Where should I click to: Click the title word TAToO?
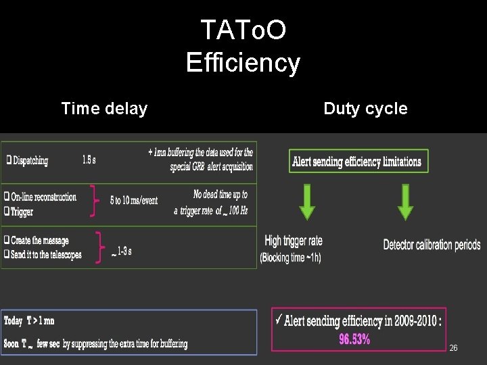pyautogui.click(x=243, y=30)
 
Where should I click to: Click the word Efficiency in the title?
pyautogui.click(x=243, y=63)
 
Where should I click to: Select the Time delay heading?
pyautogui.click(x=104, y=108)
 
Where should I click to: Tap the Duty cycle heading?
pyautogui.click(x=365, y=108)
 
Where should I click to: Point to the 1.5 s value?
pyautogui.click(x=89, y=160)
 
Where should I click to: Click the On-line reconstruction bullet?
pyautogui.click(x=42, y=197)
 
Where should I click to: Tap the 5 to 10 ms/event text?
pyautogui.click(x=134, y=201)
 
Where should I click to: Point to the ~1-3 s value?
pyautogui.click(x=122, y=252)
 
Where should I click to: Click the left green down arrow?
pyautogui.click(x=307, y=202)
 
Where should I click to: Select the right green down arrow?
pyautogui.click(x=405, y=202)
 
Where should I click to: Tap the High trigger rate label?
pyautogui.click(x=294, y=241)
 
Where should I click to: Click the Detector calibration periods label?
pyautogui.click(x=432, y=245)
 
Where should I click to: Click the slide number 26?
pyautogui.click(x=453, y=348)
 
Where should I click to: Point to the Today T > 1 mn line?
pyautogui.click(x=30, y=322)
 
